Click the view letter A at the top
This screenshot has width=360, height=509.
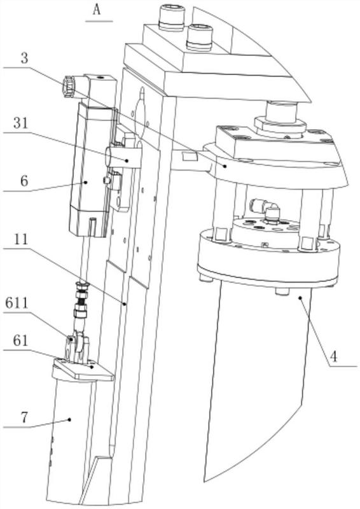tap(97, 10)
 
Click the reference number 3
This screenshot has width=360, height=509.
tap(24, 59)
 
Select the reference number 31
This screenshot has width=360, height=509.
tap(21, 123)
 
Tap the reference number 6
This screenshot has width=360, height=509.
tap(24, 181)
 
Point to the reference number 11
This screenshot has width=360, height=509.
tap(22, 240)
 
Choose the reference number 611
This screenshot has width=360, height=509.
tap(17, 303)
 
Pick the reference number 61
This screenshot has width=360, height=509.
tap(21, 341)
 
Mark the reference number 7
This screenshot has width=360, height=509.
tap(24, 417)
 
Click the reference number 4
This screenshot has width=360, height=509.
tap(333, 357)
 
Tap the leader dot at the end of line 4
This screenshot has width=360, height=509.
tap(301, 296)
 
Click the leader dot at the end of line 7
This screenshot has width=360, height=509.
tap(69, 419)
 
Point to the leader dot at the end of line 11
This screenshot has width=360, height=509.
tap(125, 304)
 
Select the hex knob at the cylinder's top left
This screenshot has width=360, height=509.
tap(69, 87)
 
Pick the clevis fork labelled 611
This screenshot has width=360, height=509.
tap(76, 348)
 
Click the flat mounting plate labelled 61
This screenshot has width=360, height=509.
tap(84, 370)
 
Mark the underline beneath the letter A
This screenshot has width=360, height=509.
tap(99, 22)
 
